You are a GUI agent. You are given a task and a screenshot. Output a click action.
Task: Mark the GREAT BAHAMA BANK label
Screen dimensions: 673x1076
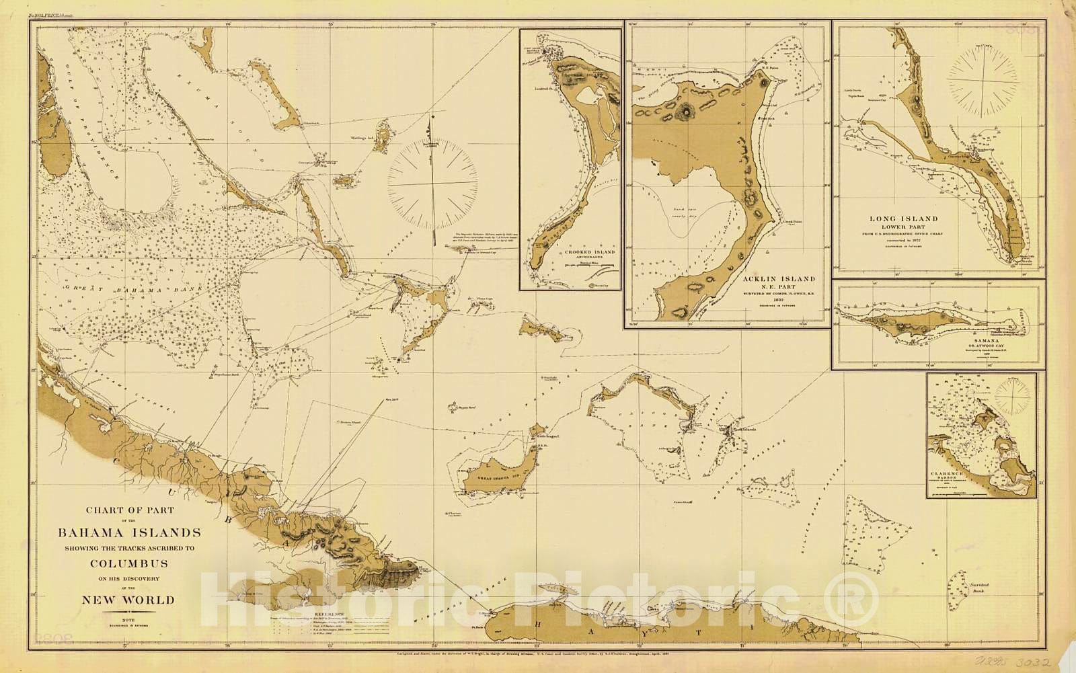pyautogui.click(x=128, y=290)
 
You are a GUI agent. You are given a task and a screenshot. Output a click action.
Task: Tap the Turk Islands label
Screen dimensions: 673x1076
pyautogui.click(x=734, y=428)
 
